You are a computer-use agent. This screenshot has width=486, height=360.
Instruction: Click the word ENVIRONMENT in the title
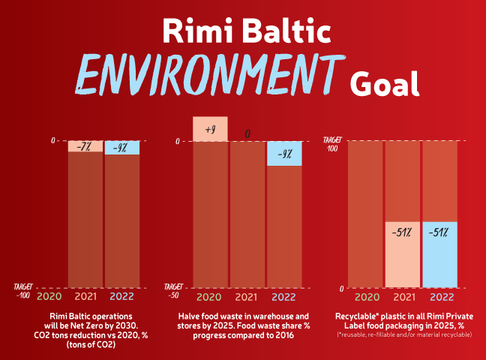click(210, 74)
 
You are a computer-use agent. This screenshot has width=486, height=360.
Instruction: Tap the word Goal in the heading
click(385, 84)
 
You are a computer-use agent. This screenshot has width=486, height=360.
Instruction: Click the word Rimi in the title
click(197, 31)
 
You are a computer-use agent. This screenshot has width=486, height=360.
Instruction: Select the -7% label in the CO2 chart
click(84, 146)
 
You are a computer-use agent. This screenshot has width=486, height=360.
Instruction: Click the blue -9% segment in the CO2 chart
click(122, 148)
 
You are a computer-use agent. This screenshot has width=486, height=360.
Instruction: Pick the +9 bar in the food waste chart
click(210, 129)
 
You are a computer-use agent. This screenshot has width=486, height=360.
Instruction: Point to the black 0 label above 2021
click(247, 133)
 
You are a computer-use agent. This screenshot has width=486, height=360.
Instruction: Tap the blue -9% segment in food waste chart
click(284, 154)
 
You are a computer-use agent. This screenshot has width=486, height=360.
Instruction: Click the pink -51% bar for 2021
click(403, 254)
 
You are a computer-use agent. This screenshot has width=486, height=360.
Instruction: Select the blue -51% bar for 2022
click(439, 254)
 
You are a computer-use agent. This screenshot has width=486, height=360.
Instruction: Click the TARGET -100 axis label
click(23, 291)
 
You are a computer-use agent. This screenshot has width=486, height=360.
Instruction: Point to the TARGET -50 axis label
click(173, 291)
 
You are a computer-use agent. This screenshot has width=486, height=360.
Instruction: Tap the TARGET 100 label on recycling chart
click(332, 145)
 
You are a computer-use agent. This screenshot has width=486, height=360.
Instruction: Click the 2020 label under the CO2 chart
click(49, 296)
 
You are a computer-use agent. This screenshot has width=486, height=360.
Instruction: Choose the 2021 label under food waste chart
click(246, 297)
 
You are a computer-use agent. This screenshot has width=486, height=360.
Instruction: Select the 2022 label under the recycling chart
click(442, 297)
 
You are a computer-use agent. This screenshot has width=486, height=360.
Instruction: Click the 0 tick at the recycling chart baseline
click(341, 289)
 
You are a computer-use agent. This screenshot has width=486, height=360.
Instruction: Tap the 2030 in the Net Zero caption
click(126, 326)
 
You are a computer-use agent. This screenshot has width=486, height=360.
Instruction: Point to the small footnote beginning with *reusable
click(404, 335)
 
